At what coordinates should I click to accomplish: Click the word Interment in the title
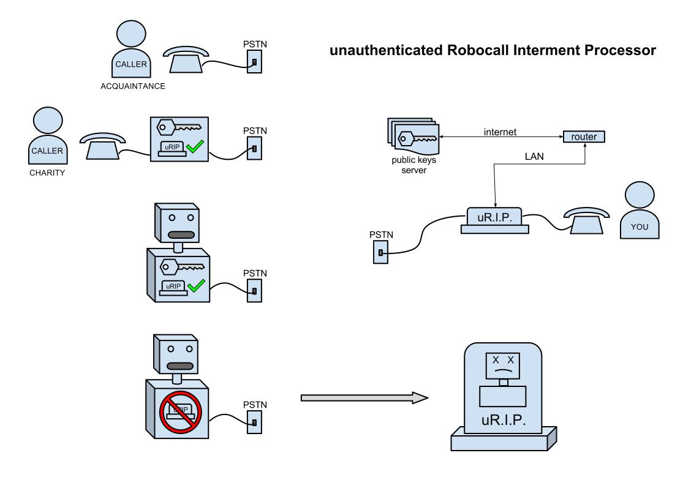pyautogui.click(x=538, y=51)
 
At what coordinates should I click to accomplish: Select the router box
pyautogui.click(x=583, y=137)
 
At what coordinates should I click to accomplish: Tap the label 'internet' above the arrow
pyautogui.click(x=500, y=132)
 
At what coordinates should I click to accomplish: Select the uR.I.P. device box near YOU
pyautogui.click(x=495, y=219)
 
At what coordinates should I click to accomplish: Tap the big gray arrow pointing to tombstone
pyautogui.click(x=364, y=397)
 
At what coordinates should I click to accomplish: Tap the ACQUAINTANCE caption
pyautogui.click(x=133, y=86)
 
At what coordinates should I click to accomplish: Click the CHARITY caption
pyautogui.click(x=47, y=173)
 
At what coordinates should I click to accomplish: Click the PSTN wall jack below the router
pyautogui.click(x=380, y=252)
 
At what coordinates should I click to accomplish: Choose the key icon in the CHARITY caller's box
pyautogui.click(x=178, y=129)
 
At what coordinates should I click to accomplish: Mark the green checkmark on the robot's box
pyautogui.click(x=197, y=285)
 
